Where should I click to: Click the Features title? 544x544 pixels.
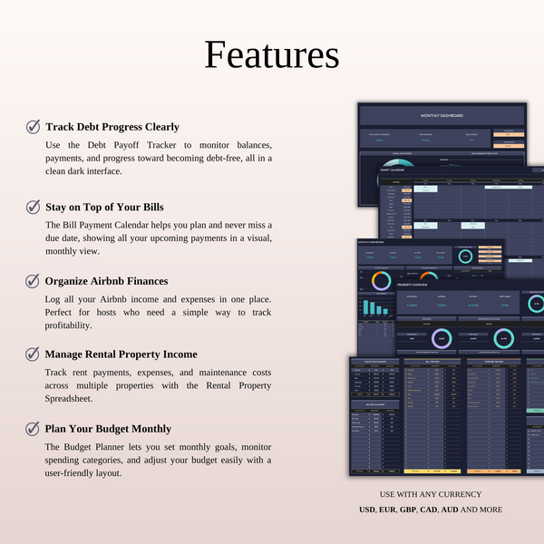271,55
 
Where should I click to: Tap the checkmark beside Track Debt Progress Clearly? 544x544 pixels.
34,127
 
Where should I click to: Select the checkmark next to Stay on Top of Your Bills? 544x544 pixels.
34,208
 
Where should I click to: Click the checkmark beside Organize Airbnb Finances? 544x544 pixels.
34,281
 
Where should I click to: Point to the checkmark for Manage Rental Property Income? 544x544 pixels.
34,354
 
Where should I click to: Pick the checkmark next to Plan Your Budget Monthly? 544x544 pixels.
34,429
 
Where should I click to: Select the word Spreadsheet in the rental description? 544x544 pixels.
70,398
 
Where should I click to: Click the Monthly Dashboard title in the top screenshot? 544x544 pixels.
442,116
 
